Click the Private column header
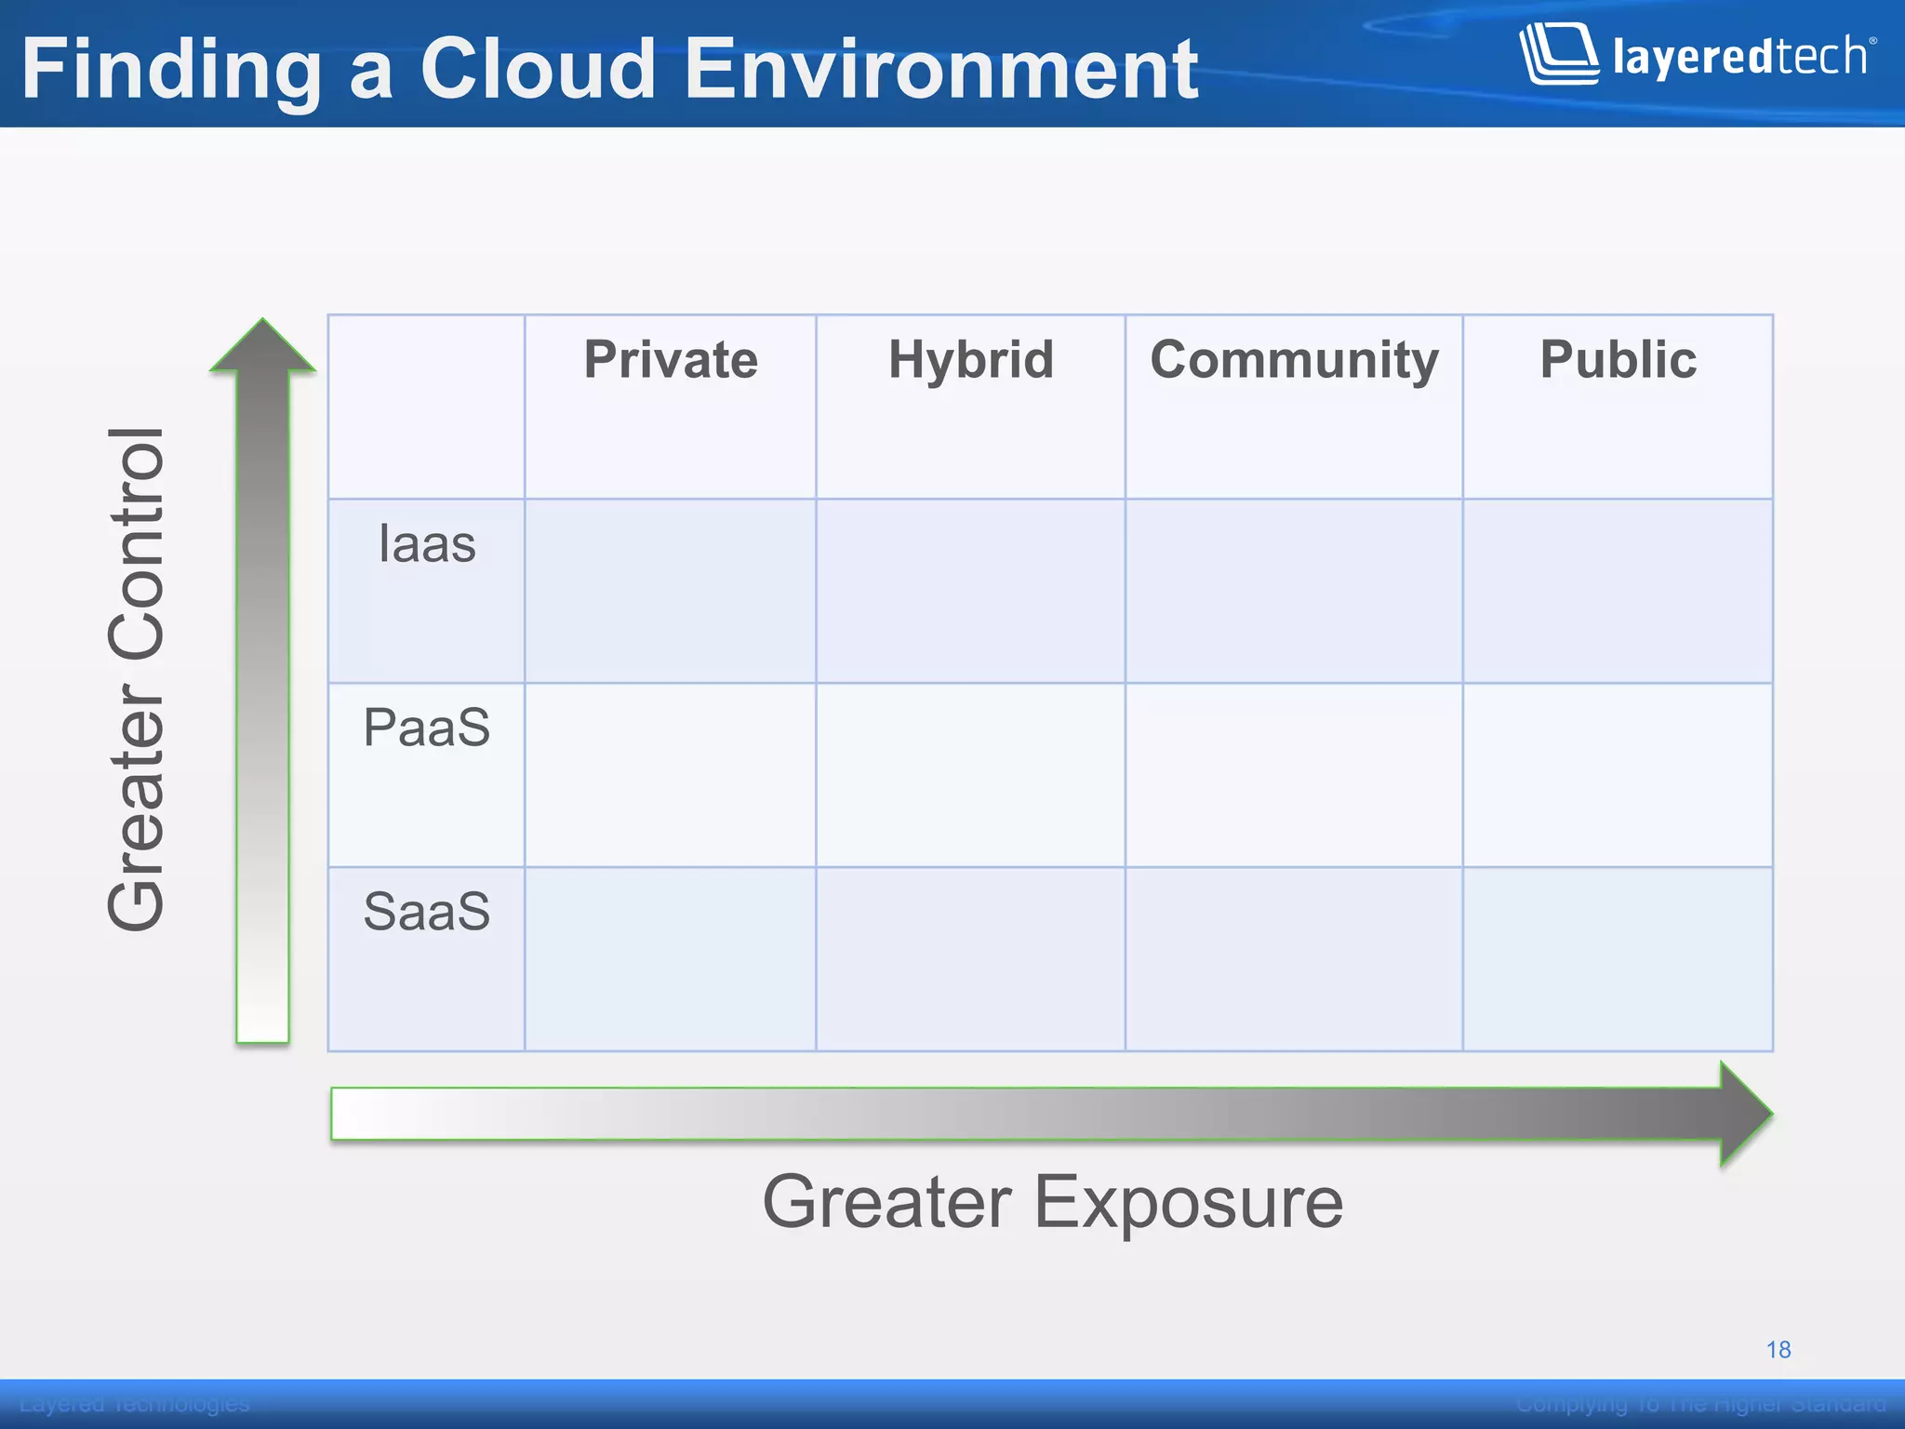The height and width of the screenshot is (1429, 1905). (x=671, y=361)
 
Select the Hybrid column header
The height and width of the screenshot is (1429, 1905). (x=971, y=361)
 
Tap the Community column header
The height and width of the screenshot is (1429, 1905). (x=1294, y=361)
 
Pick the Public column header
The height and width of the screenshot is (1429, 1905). (x=1618, y=361)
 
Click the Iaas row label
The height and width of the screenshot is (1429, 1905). (x=427, y=544)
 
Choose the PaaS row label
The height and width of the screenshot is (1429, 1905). (x=427, y=728)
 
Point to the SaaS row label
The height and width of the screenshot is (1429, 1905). (x=427, y=912)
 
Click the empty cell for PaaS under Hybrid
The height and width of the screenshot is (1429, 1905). (x=971, y=775)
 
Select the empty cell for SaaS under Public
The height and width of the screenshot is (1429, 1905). (x=1618, y=959)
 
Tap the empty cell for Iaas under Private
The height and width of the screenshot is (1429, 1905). (x=671, y=591)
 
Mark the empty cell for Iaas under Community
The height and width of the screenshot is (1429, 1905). (x=1294, y=591)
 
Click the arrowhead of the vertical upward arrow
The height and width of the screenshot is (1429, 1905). (x=263, y=347)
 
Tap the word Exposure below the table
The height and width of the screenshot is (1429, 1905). (x=1188, y=1203)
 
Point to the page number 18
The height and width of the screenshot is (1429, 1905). (x=1778, y=1350)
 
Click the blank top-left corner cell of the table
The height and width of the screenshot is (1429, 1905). (x=426, y=407)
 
